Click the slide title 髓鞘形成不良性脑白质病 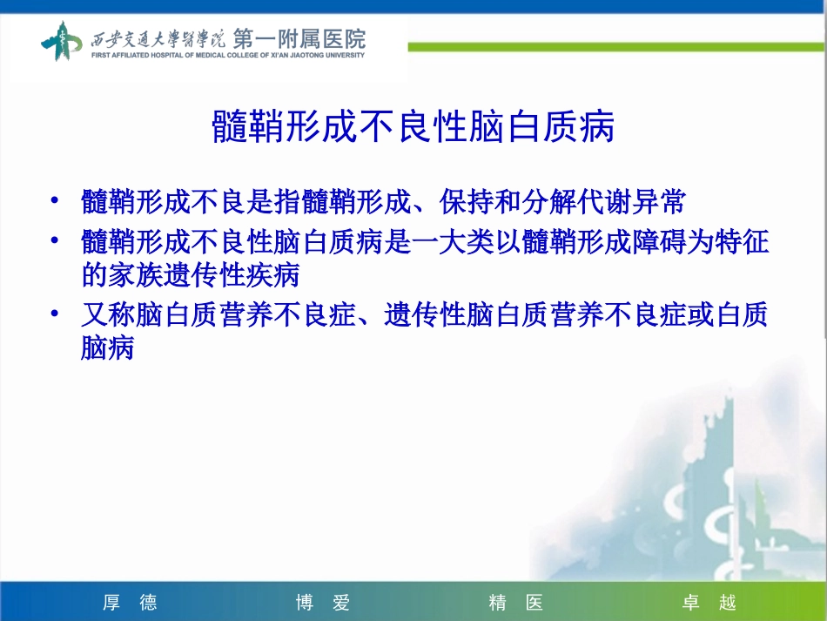[x=413, y=128]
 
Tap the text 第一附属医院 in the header [x=299, y=39]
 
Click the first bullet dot [x=55, y=202]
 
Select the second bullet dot [x=55, y=240]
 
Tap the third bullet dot [x=55, y=313]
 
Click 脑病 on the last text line [x=108, y=349]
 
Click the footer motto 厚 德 [x=130, y=603]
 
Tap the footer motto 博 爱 [x=322, y=603]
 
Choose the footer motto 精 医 [x=515, y=603]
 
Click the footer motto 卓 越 [x=709, y=603]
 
